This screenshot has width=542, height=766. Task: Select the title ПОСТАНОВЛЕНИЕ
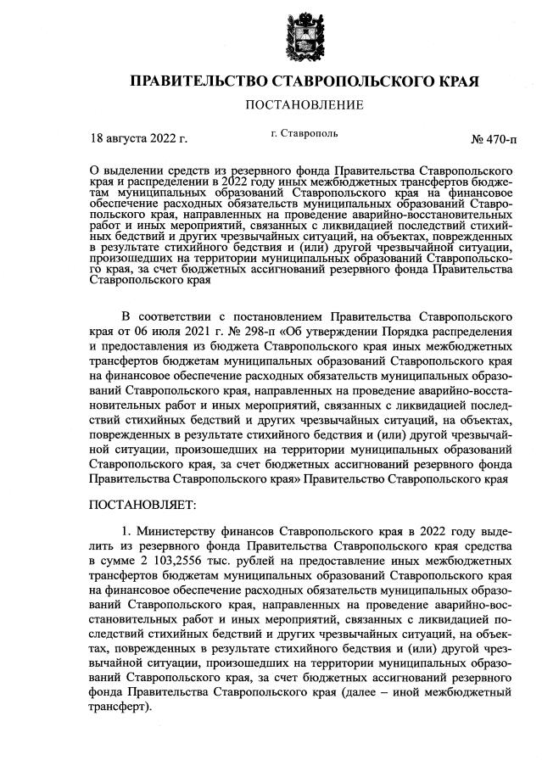(x=304, y=105)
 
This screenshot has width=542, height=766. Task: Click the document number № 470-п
(x=492, y=137)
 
